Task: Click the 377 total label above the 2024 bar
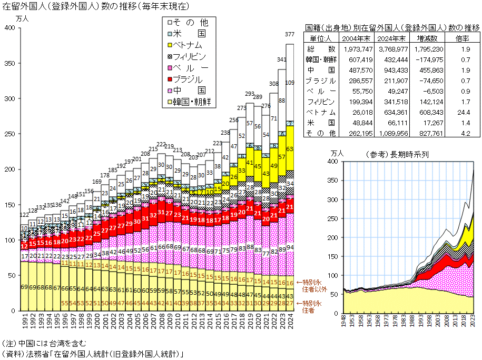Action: pyautogui.click(x=290, y=34)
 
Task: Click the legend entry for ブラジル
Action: pyautogui.click(x=187, y=79)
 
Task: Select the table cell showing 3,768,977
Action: pyautogui.click(x=390, y=48)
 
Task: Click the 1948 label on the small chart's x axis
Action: pyautogui.click(x=344, y=321)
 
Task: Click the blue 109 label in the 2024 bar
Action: pyautogui.click(x=290, y=83)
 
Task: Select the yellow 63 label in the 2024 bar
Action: pyautogui.click(x=290, y=149)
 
